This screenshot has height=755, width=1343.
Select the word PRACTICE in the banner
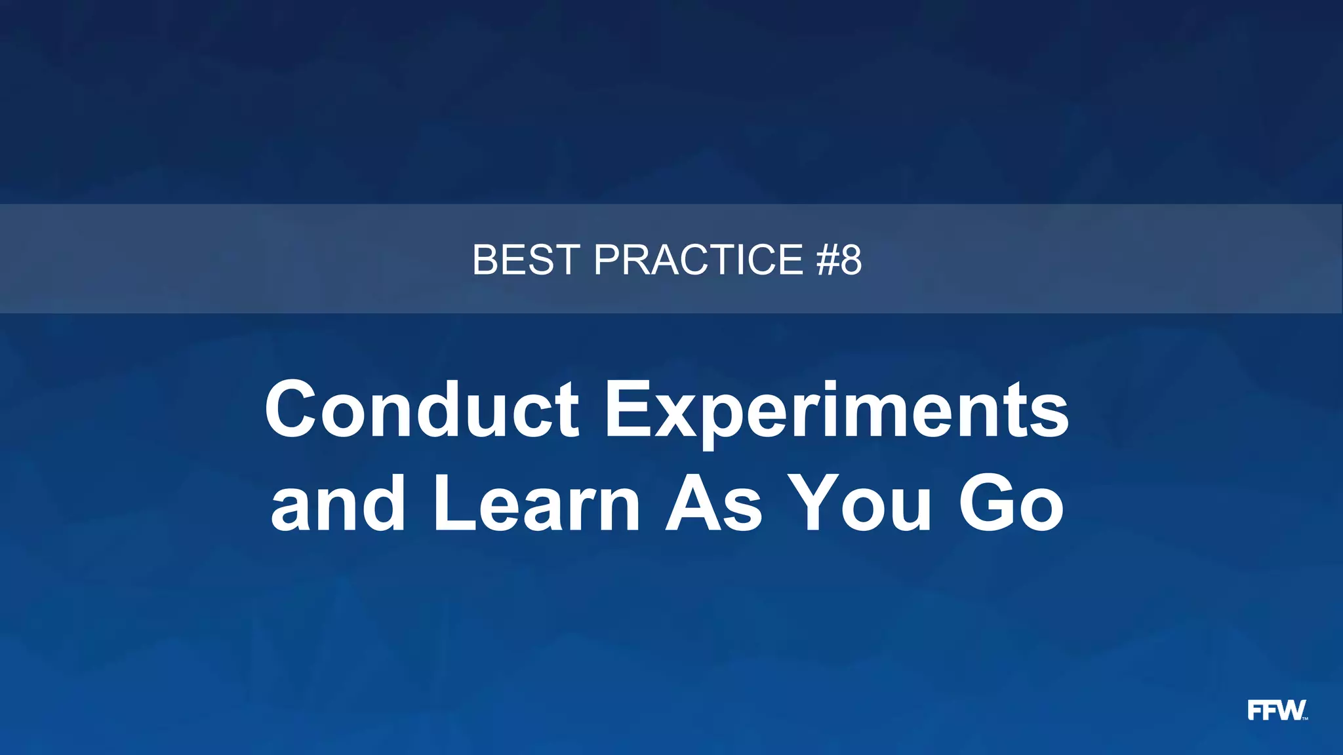[698, 260]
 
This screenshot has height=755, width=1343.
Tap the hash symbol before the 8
[828, 260]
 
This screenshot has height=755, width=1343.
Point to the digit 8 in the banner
[851, 260]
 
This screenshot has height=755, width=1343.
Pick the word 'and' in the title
[338, 503]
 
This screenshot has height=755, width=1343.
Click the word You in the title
[860, 503]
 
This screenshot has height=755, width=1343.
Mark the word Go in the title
[1011, 503]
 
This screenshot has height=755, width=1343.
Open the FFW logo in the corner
[1276, 710]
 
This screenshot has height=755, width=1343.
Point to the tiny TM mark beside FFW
[1305, 718]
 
